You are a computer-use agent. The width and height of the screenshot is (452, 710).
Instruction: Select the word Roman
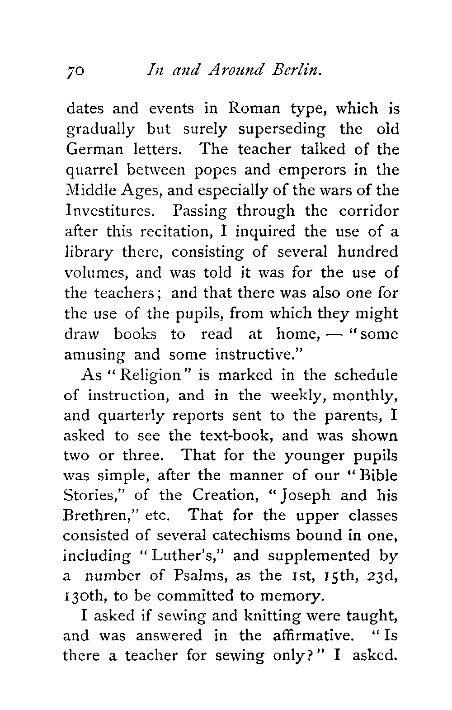pos(254,109)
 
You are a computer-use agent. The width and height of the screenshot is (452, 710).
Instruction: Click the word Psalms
pos(197,576)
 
